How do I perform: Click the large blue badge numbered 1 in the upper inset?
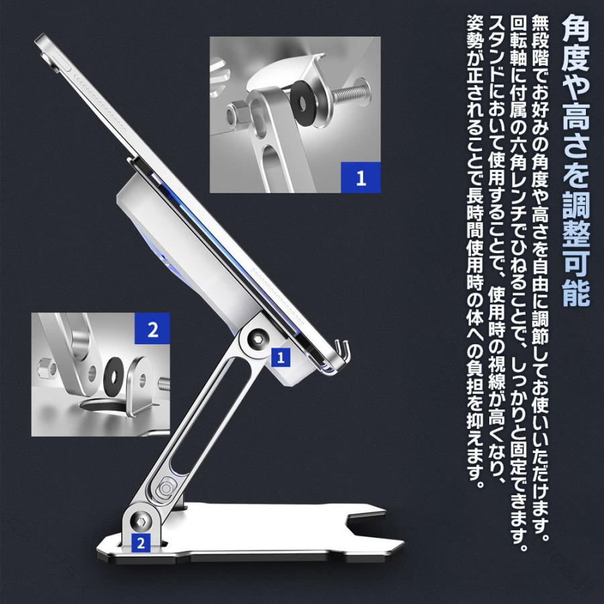pyautogui.click(x=360, y=178)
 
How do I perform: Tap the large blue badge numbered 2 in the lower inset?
pyautogui.click(x=152, y=329)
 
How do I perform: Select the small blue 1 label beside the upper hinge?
pyautogui.click(x=281, y=358)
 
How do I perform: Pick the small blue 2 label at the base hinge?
pyautogui.click(x=141, y=543)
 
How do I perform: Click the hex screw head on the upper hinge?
pyautogui.click(x=256, y=340)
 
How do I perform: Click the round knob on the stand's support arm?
pyautogui.click(x=166, y=488)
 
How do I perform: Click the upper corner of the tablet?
pyautogui.click(x=38, y=38)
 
